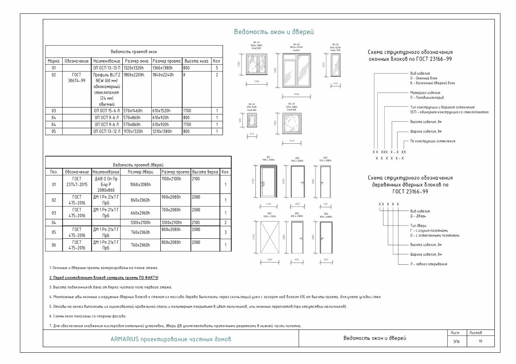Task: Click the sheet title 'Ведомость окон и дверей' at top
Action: [x=273, y=32]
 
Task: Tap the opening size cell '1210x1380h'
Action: [x=166, y=131]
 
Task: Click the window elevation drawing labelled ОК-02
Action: [x=296, y=73]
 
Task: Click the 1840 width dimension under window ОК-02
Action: [x=296, y=94]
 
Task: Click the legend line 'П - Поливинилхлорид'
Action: [x=428, y=98]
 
